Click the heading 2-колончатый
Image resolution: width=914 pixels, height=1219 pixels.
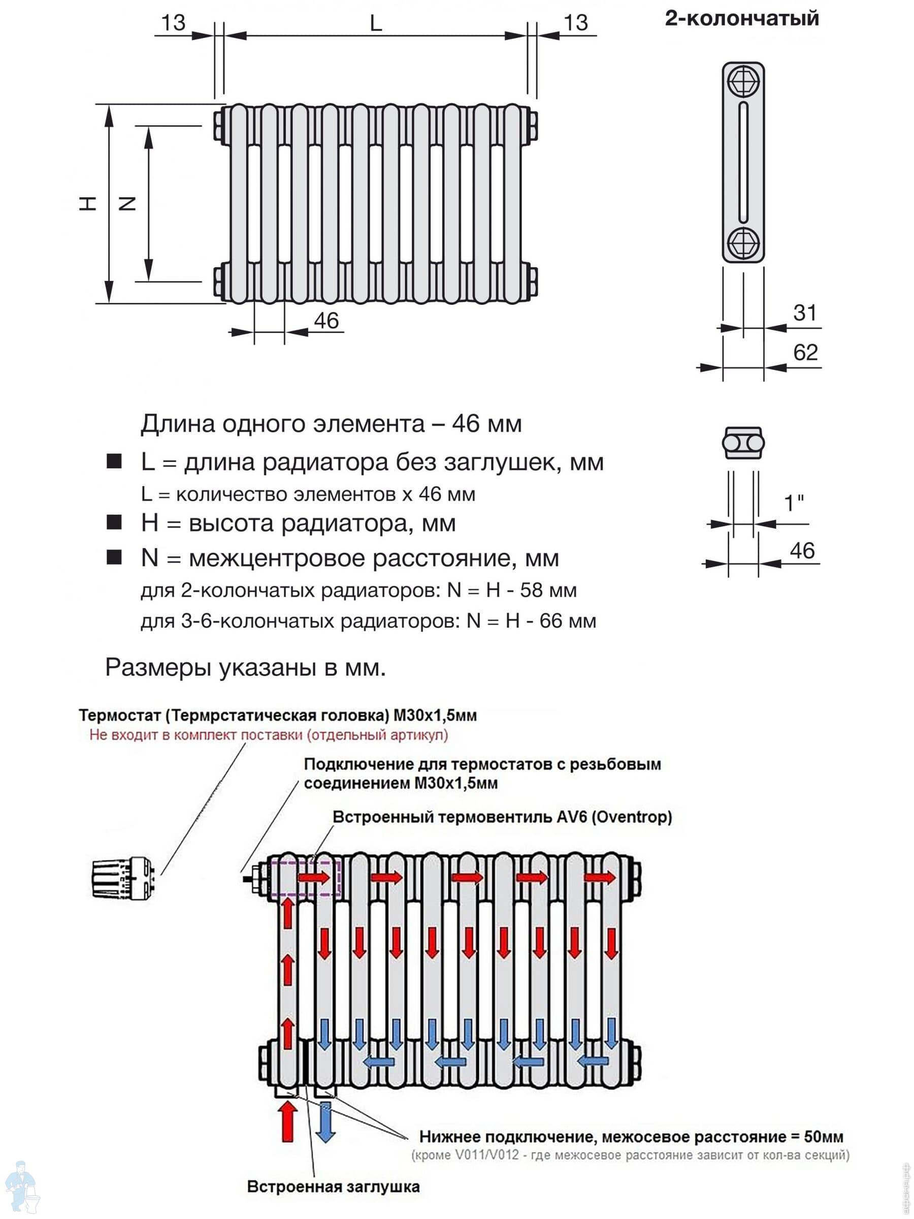coord(741,19)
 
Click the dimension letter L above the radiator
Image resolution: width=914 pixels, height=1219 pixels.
coord(376,23)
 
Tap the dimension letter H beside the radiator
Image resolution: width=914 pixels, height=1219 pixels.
coord(87,203)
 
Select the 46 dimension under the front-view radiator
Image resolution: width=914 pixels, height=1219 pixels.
coord(326,320)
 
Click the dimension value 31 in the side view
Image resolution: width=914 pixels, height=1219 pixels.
coord(804,313)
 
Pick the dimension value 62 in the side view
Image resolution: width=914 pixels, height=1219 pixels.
coord(805,352)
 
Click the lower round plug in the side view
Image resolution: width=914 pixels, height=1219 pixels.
coord(743,243)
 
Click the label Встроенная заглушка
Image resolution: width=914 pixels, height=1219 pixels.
coord(333,1186)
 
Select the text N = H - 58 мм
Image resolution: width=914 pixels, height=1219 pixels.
coord(512,590)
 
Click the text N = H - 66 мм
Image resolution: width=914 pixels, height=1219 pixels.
coord(531,621)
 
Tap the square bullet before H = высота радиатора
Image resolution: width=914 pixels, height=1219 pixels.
coord(114,523)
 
